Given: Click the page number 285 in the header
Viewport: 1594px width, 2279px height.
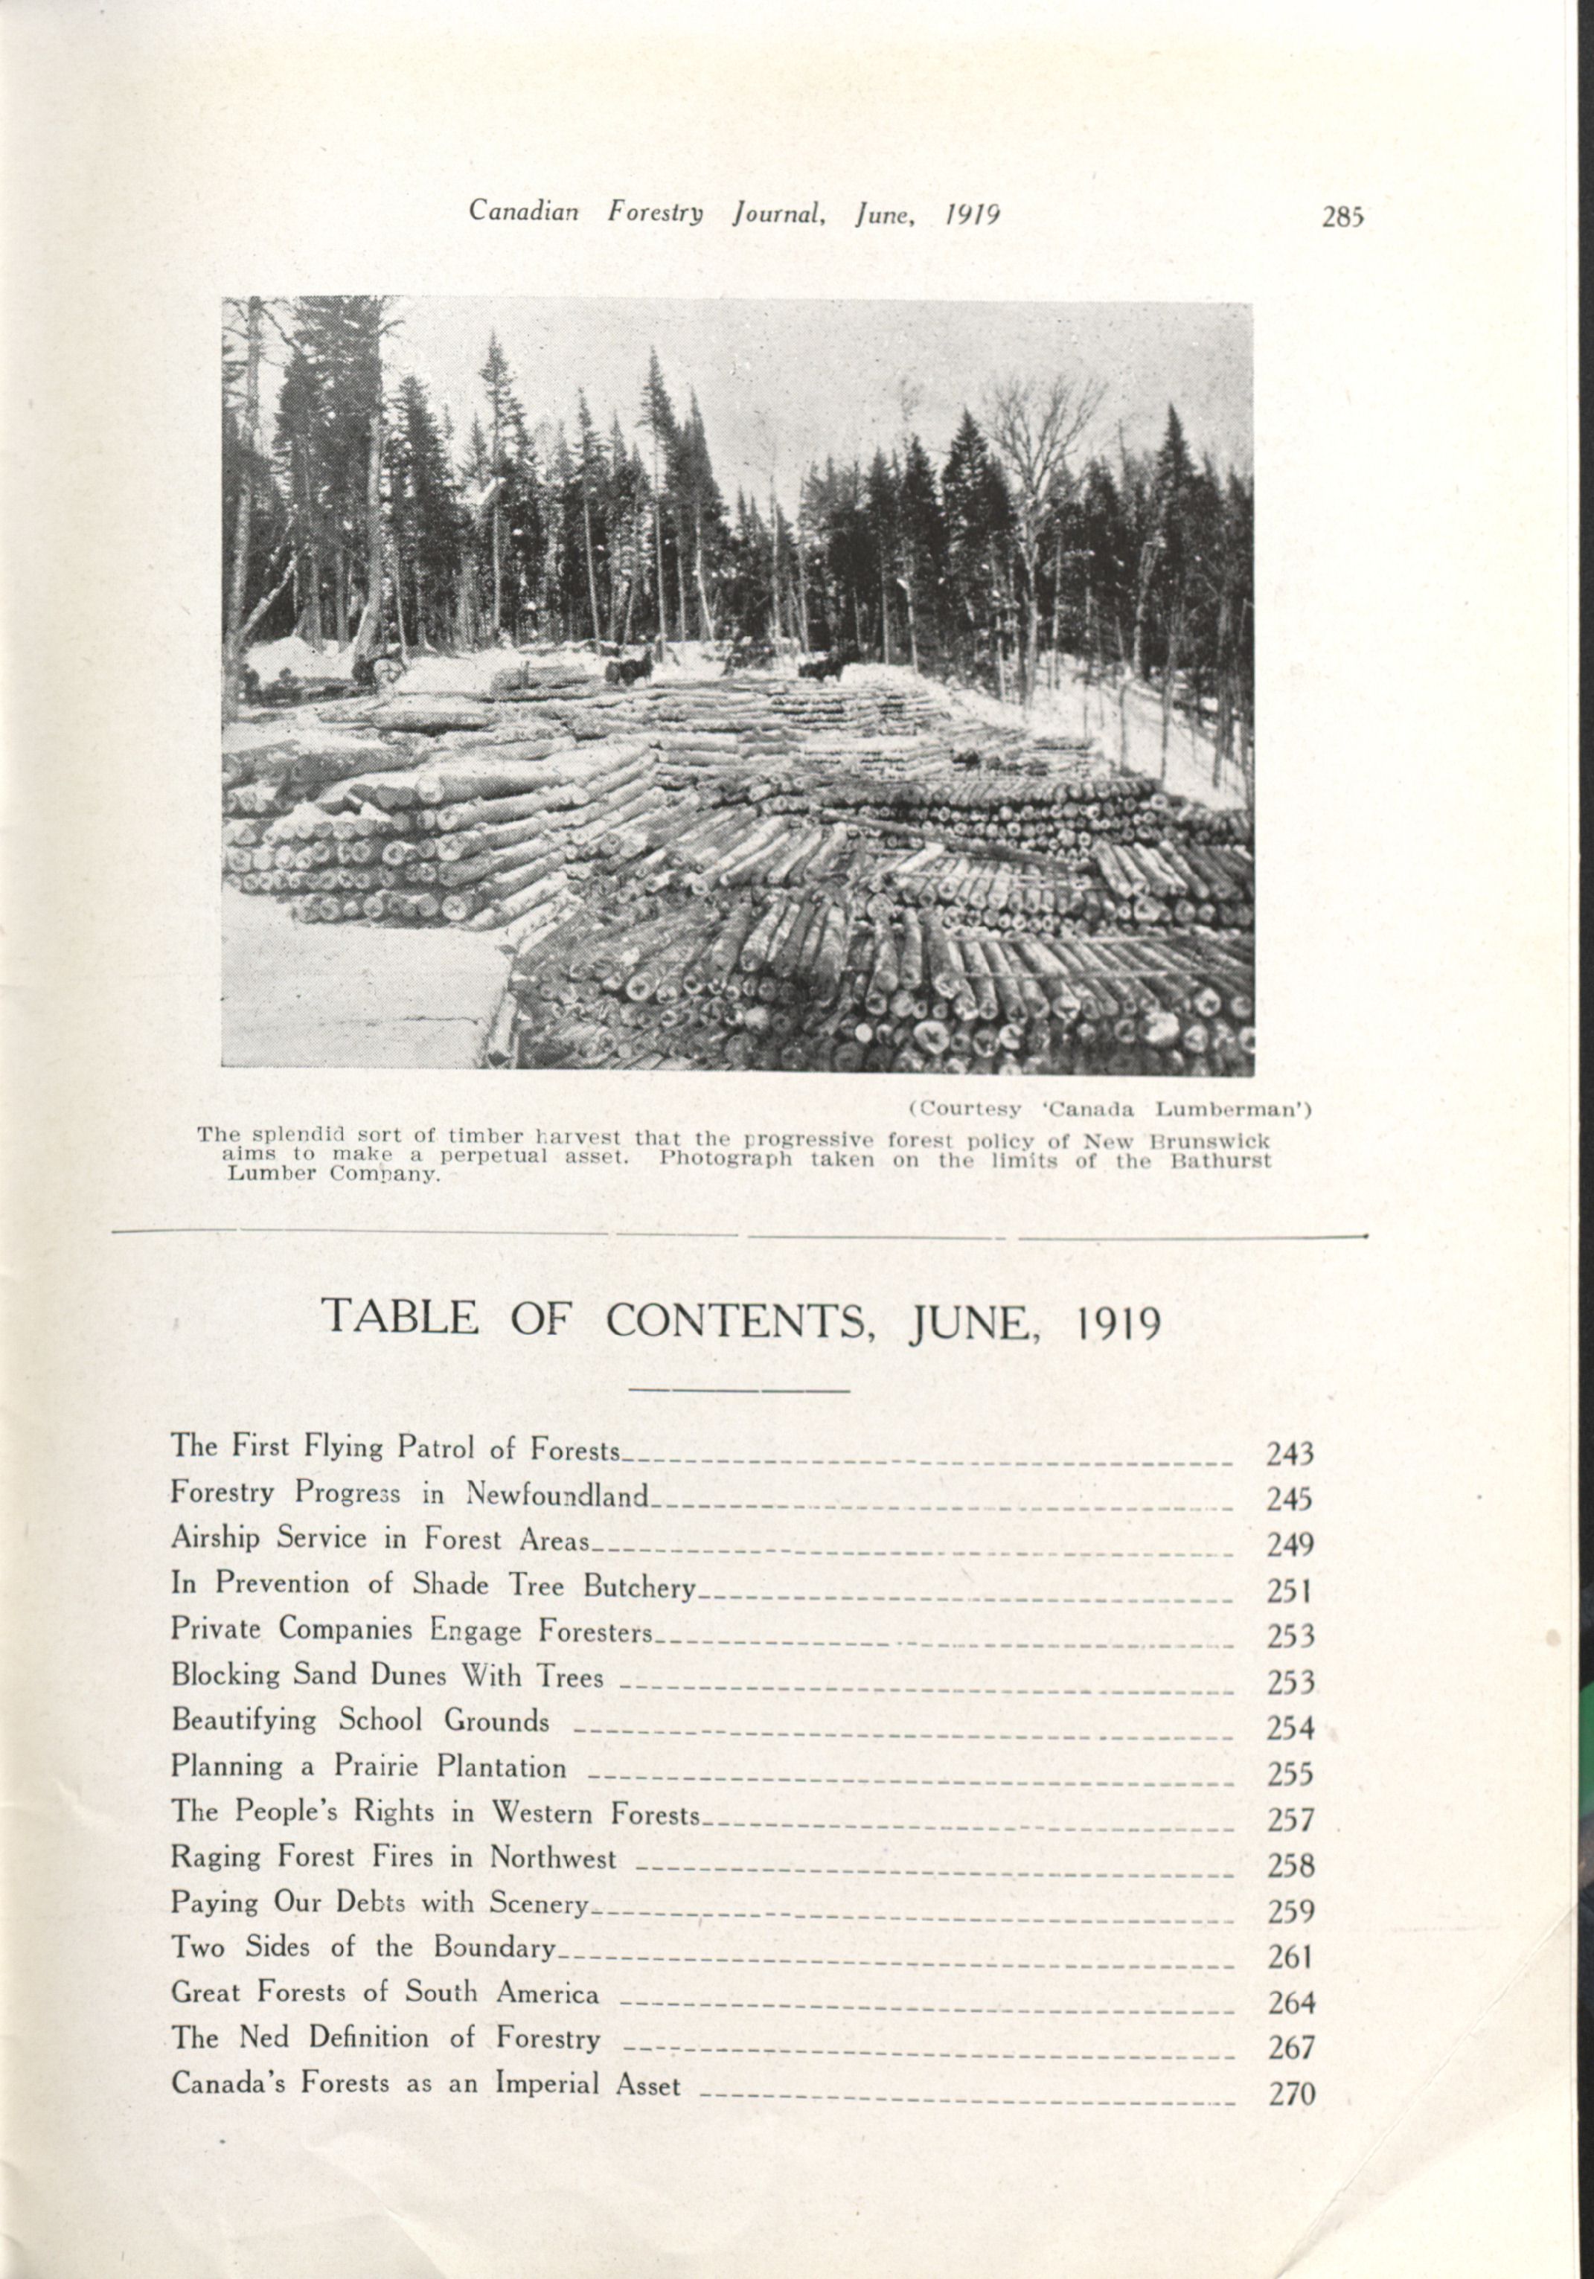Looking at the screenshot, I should [1344, 217].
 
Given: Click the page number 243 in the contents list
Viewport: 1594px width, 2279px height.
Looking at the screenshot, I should [1290, 1454].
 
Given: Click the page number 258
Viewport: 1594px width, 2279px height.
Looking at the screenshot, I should [1290, 1865].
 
